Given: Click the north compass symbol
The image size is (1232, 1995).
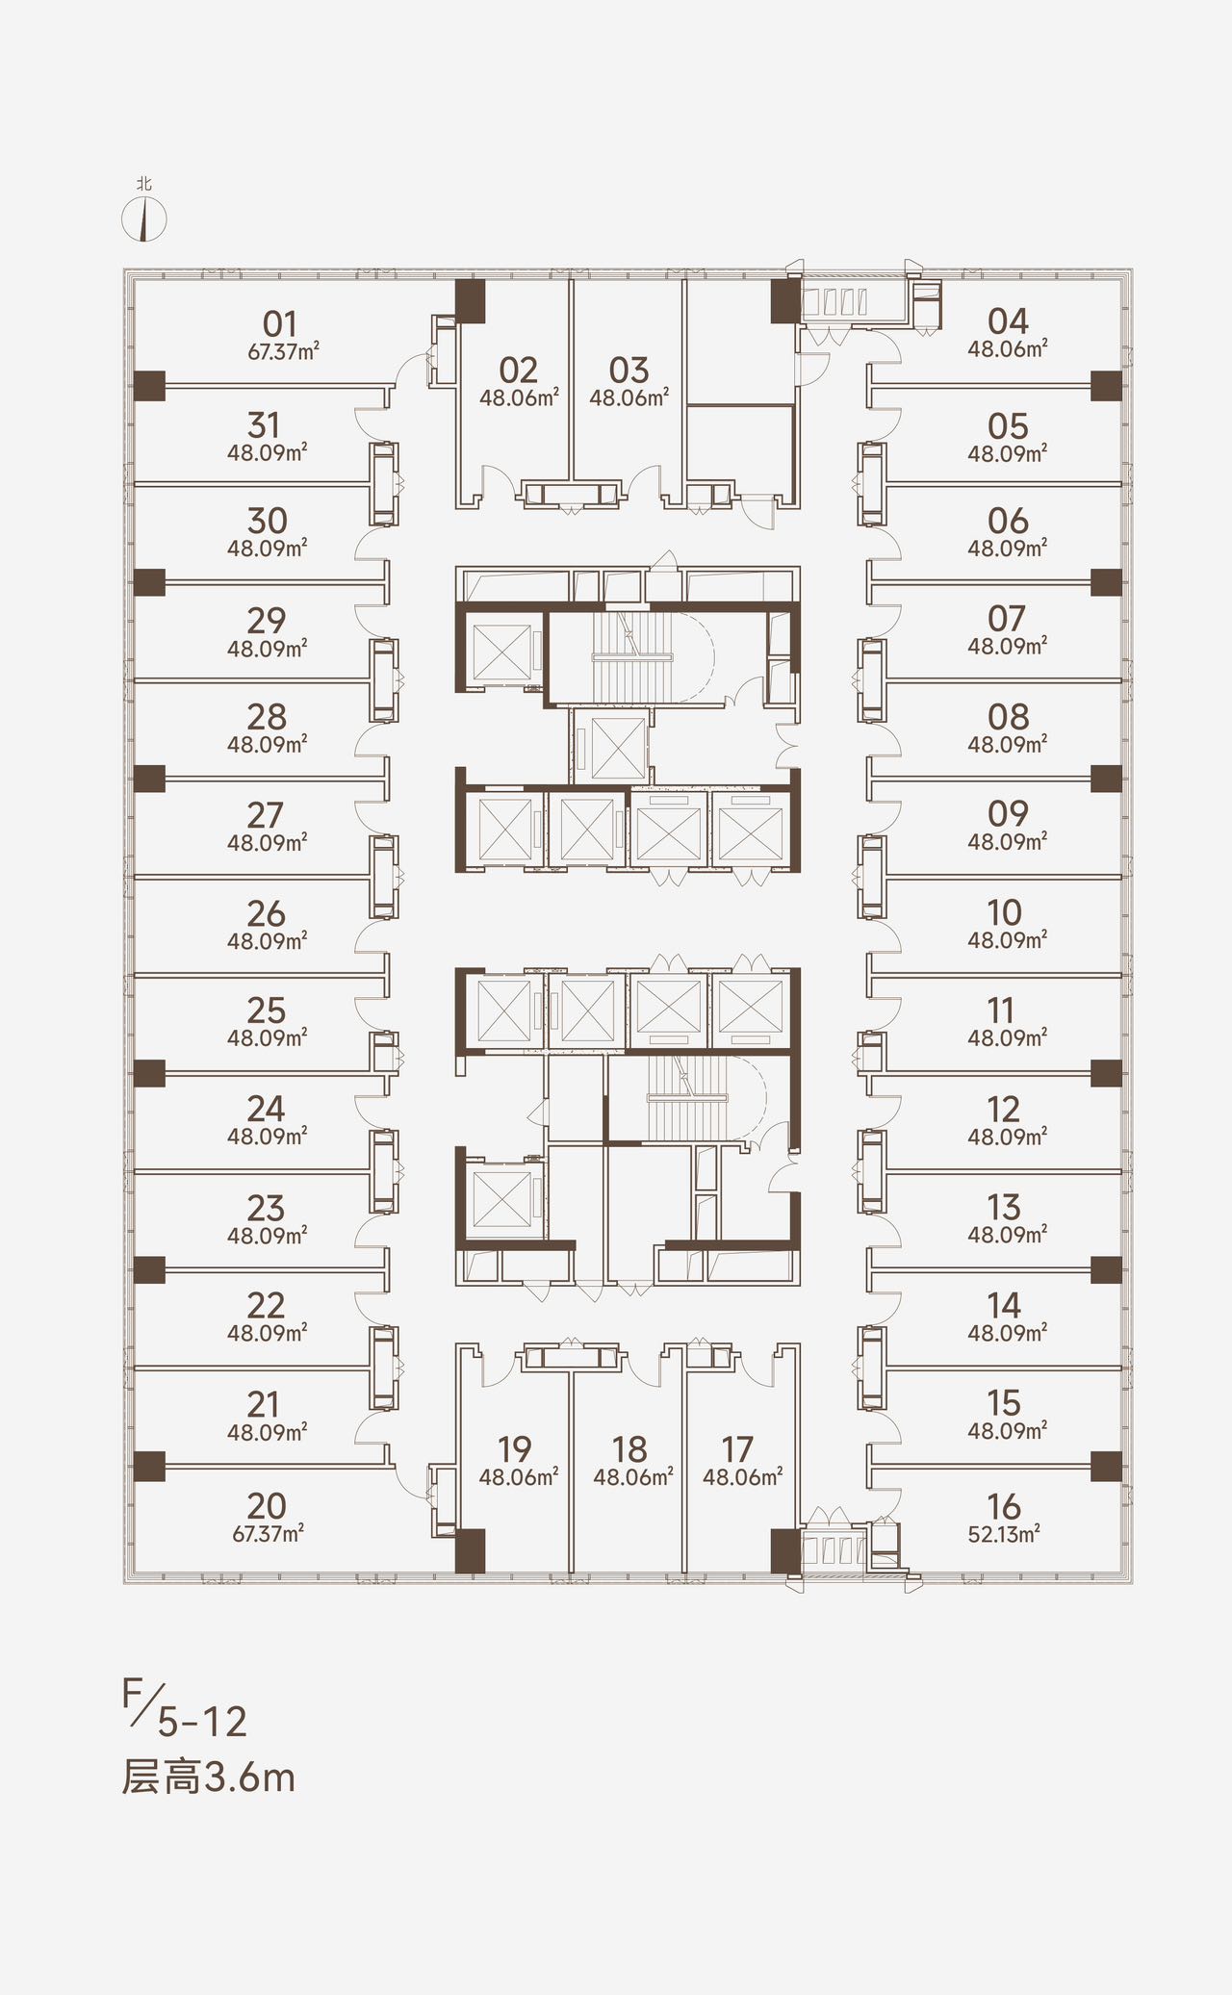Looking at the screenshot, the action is (x=144, y=219).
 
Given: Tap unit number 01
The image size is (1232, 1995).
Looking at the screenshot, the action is (x=280, y=323).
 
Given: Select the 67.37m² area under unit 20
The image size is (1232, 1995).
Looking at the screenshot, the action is (x=269, y=1533).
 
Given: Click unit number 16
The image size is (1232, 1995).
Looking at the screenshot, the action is (x=1004, y=1506).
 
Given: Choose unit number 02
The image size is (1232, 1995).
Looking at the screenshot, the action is (x=518, y=370).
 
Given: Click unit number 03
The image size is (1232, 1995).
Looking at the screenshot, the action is (x=629, y=370).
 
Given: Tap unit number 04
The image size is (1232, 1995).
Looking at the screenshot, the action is (x=1008, y=320).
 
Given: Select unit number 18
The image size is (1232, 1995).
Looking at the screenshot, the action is (x=629, y=1449).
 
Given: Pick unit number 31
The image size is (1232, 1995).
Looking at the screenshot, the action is (x=264, y=425).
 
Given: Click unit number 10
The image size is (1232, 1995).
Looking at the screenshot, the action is (x=1004, y=912).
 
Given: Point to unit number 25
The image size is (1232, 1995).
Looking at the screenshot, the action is (x=267, y=1010).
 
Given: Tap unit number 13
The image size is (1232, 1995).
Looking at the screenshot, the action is (x=1004, y=1207).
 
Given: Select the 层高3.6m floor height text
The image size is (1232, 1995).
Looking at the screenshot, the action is (x=208, y=1777).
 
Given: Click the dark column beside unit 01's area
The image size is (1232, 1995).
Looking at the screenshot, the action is (x=149, y=386).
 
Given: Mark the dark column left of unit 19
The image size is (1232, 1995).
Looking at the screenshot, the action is (x=470, y=1550).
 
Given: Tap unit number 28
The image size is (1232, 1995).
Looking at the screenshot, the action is (x=267, y=717).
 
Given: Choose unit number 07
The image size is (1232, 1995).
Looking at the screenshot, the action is (x=1007, y=618).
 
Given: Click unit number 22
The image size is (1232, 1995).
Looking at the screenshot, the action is (x=267, y=1305).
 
